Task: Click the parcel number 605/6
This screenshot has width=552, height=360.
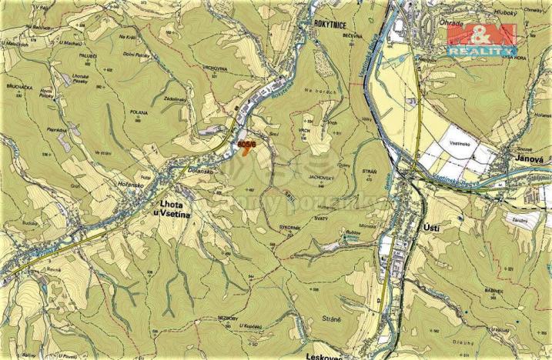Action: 247,142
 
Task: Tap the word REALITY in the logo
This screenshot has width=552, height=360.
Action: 481,49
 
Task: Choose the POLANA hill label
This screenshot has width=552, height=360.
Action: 139,112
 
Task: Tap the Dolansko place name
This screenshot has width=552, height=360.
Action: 198,172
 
